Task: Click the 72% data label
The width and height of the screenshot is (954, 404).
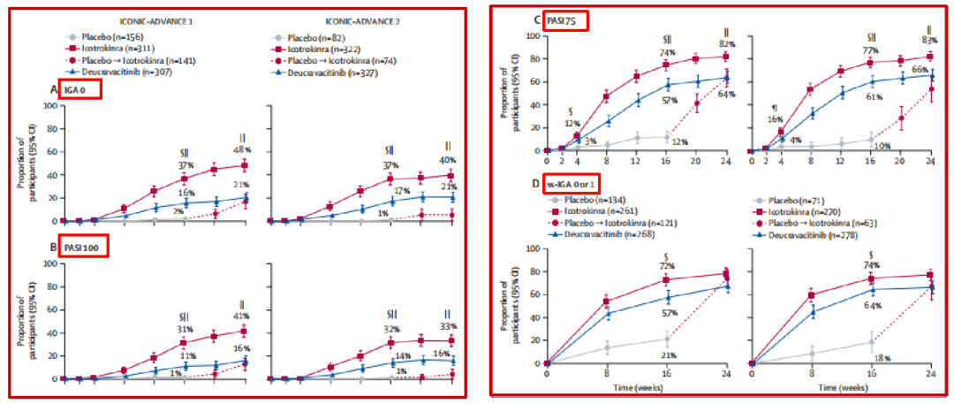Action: (x=667, y=266)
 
